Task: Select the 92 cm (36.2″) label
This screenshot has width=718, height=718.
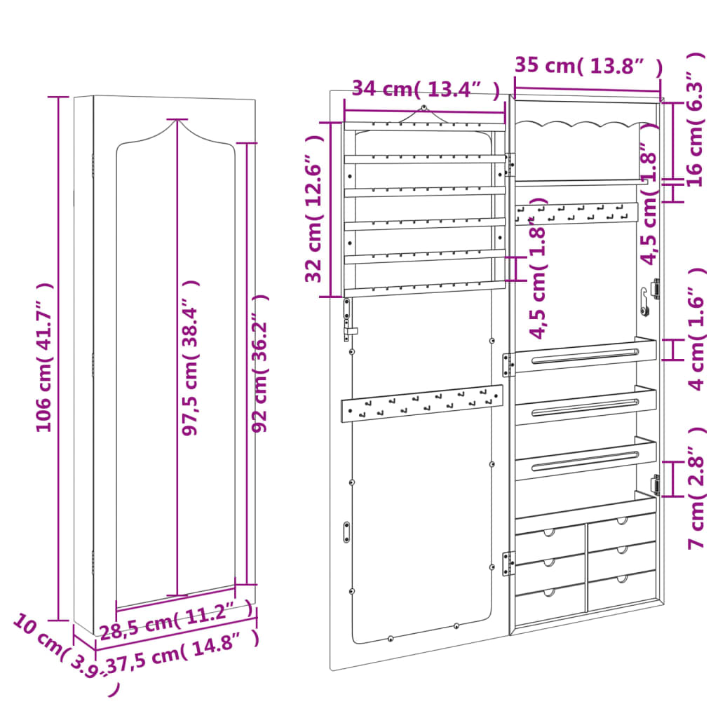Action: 261,363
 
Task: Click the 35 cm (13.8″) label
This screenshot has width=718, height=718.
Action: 588,66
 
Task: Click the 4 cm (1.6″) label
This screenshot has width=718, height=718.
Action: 696,330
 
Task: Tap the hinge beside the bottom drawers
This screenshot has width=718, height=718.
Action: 508,562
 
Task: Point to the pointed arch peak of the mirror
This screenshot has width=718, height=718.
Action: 176,121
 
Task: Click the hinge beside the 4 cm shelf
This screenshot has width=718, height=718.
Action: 508,365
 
